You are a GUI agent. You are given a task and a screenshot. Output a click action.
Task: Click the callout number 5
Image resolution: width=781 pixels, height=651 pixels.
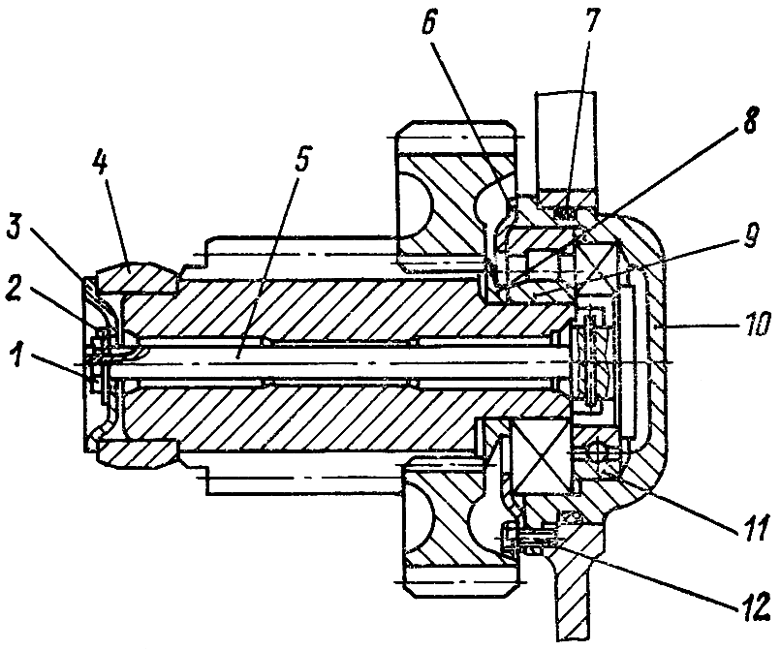click(x=302, y=161)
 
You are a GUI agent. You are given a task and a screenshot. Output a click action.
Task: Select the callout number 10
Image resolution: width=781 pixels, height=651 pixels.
click(x=753, y=324)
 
